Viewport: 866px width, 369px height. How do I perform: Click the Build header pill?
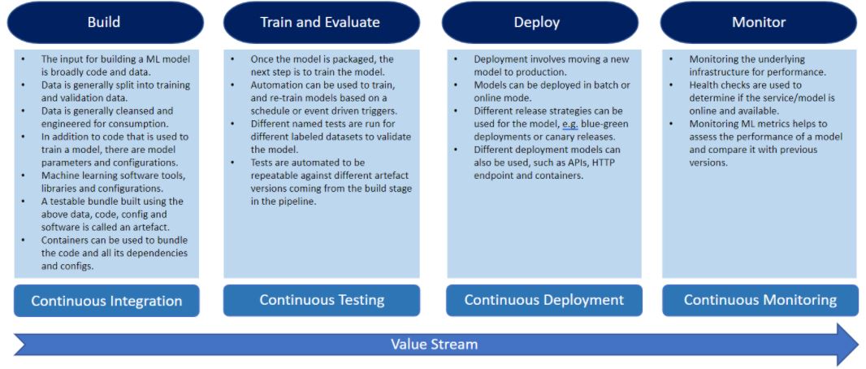click(104, 22)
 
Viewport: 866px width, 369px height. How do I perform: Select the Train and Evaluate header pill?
click(320, 22)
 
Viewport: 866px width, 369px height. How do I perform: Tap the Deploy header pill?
click(537, 22)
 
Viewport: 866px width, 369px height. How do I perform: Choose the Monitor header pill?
click(759, 22)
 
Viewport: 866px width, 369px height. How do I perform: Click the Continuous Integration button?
click(106, 301)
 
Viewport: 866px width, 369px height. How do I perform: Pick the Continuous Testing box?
click(322, 300)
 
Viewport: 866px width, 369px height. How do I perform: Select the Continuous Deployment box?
click(543, 300)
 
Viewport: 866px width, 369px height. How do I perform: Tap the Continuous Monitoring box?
click(760, 300)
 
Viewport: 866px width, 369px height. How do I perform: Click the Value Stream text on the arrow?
click(434, 344)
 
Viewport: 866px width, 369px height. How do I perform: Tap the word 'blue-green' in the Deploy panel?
click(601, 124)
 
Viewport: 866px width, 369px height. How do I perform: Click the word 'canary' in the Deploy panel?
click(565, 137)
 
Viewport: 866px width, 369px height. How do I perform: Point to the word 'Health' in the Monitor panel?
click(705, 85)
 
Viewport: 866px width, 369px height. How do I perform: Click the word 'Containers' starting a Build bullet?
click(67, 240)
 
